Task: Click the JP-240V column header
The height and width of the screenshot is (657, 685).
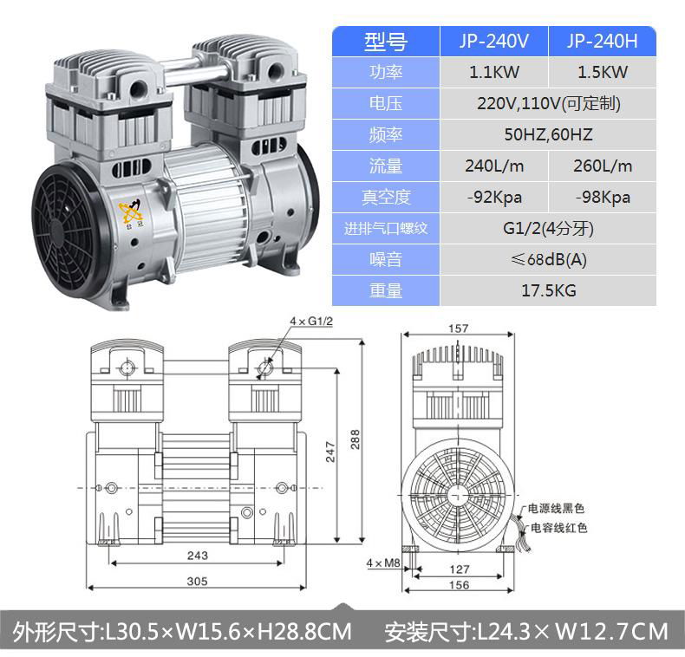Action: pyautogui.click(x=493, y=41)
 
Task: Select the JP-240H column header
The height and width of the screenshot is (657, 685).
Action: pyautogui.click(x=602, y=41)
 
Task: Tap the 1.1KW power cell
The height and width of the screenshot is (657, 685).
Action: pyautogui.click(x=493, y=72)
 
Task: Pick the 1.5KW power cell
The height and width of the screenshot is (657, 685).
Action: pyautogui.click(x=603, y=72)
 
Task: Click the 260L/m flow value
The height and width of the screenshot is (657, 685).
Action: pyautogui.click(x=603, y=166)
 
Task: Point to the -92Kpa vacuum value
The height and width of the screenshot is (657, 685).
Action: pyautogui.click(x=494, y=198)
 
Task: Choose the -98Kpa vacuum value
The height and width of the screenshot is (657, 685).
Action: pyautogui.click(x=603, y=198)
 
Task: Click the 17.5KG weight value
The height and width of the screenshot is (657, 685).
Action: pyautogui.click(x=548, y=290)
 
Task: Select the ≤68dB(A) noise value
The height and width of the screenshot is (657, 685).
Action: pyautogui.click(x=548, y=259)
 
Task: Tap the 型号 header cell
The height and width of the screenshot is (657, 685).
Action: pyautogui.click(x=385, y=42)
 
